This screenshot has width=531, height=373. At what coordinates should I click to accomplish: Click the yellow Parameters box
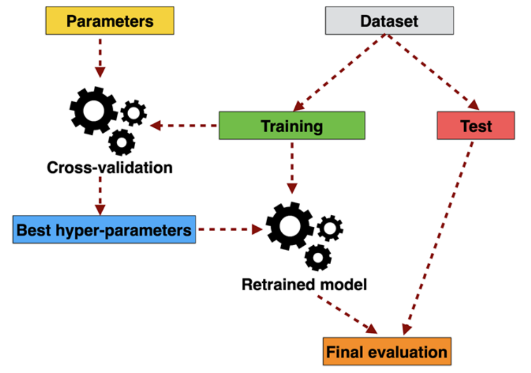pyautogui.click(x=110, y=21)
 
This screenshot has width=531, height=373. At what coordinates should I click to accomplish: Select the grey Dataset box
pyautogui.click(x=389, y=21)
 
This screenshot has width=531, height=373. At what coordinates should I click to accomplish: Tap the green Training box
pyautogui.click(x=292, y=126)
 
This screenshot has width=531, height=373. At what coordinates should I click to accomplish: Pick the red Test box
pyautogui.click(x=476, y=126)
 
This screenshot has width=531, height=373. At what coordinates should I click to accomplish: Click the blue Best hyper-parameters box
pyautogui.click(x=104, y=229)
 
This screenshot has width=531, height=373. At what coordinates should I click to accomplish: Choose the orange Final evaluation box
pyautogui.click(x=387, y=351)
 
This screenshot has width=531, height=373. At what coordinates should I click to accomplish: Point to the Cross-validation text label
pyautogui.click(x=110, y=167)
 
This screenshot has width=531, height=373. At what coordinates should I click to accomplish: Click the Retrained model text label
pyautogui.click(x=304, y=284)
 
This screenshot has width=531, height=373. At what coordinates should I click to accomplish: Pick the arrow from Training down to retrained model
pyautogui.click(x=292, y=166)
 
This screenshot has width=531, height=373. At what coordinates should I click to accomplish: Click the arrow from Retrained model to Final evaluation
pyautogui.click(x=347, y=314)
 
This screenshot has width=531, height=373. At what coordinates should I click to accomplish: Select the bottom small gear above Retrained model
pyautogui.click(x=318, y=257)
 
